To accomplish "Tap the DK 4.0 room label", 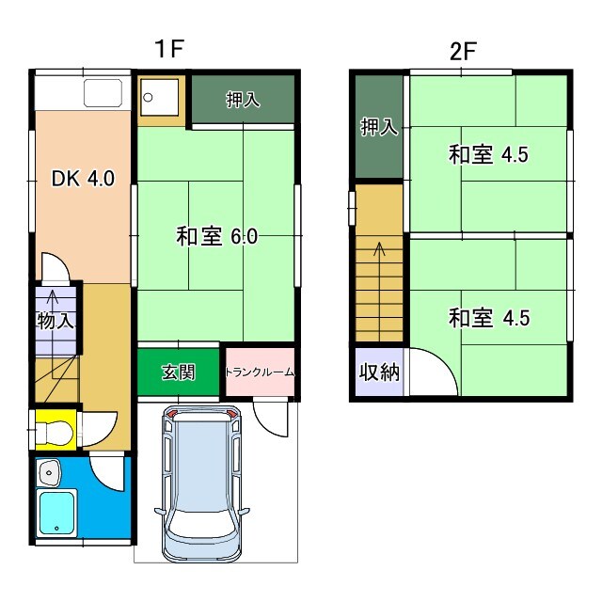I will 82,178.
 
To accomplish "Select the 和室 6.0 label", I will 216,237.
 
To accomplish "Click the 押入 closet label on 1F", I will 243,101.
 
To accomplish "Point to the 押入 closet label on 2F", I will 379,127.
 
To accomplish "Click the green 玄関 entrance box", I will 179,372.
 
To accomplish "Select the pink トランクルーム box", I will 260,372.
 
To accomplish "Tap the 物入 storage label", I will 54,321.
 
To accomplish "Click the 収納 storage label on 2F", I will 379,372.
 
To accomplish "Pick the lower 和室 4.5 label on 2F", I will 488,318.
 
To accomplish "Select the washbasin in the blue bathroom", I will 49,470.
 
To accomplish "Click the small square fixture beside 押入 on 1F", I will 153,96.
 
